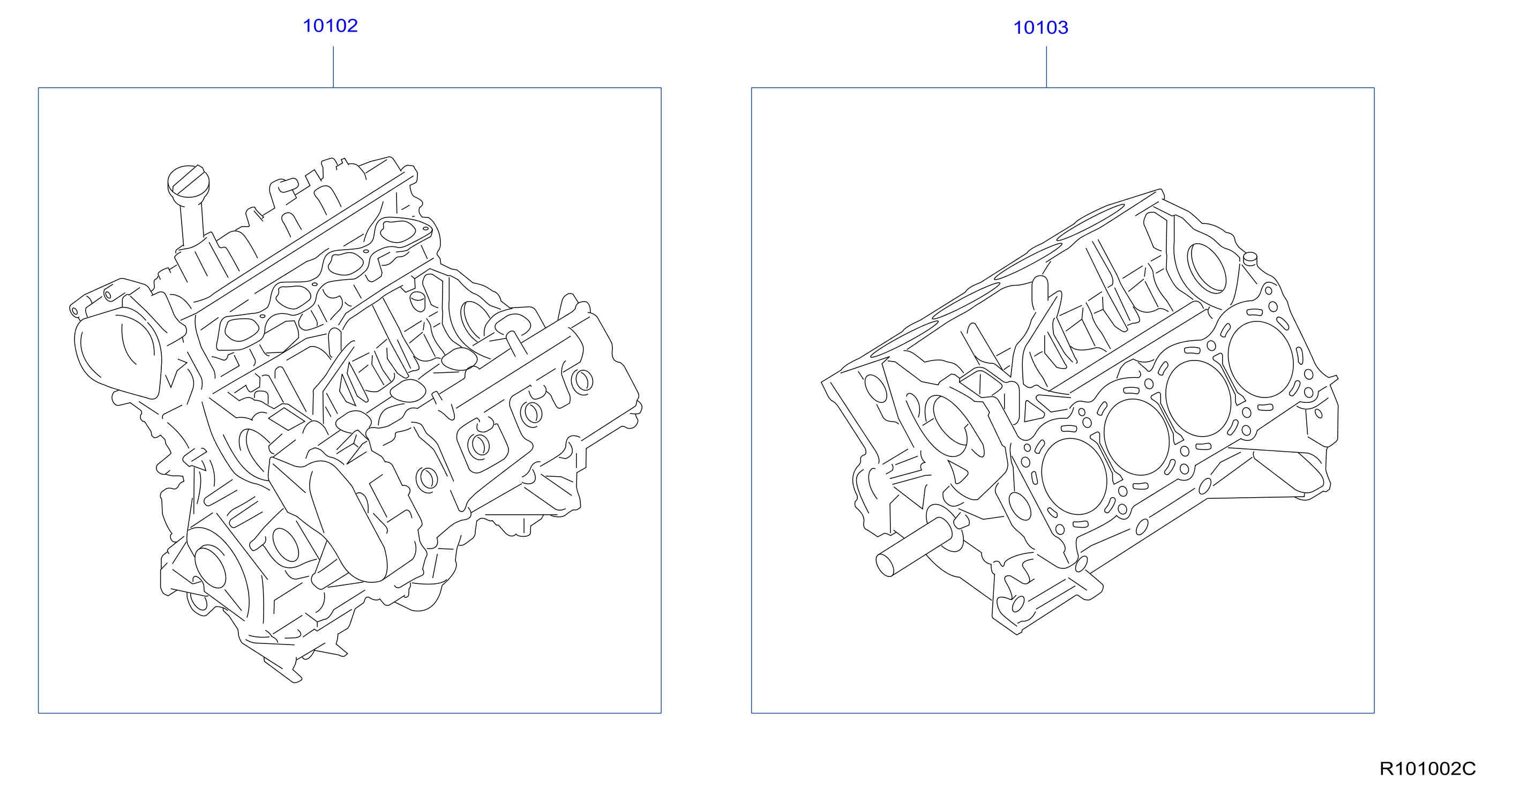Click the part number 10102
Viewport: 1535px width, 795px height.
[x=330, y=26]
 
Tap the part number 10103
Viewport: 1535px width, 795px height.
[x=1040, y=27]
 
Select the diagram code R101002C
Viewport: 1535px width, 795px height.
[x=1427, y=768]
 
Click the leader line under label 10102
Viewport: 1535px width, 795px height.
[x=333, y=67]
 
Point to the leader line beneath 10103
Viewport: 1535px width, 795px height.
[x=1046, y=67]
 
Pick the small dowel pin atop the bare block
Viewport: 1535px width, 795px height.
[x=1249, y=259]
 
